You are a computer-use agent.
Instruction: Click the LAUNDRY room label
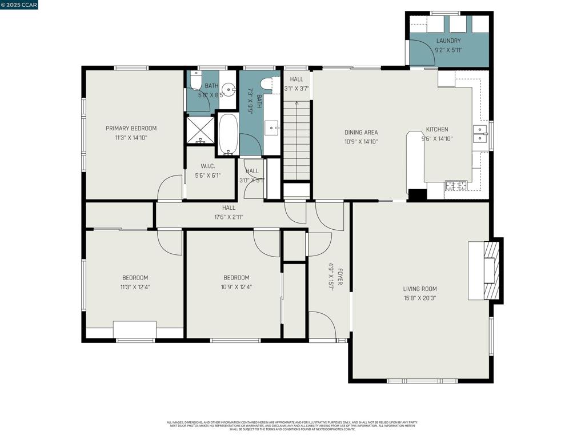(x=448, y=41)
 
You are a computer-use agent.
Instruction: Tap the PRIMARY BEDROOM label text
(x=131, y=129)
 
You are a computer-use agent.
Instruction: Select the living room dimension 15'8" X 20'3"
(x=420, y=298)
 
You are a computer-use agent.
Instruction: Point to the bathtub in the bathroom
(x=228, y=134)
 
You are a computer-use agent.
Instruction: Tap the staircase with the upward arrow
(x=296, y=140)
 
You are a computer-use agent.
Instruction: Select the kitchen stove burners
(x=456, y=185)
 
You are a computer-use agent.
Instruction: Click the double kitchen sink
(x=480, y=134)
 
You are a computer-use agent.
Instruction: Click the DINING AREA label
(x=360, y=133)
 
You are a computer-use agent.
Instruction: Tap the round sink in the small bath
(x=230, y=89)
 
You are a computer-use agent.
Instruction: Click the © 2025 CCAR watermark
(x=19, y=5)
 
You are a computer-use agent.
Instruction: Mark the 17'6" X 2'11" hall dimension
(x=229, y=217)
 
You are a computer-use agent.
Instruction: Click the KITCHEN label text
(x=436, y=130)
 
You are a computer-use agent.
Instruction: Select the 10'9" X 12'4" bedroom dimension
(x=236, y=287)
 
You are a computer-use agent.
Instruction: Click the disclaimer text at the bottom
(x=292, y=425)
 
